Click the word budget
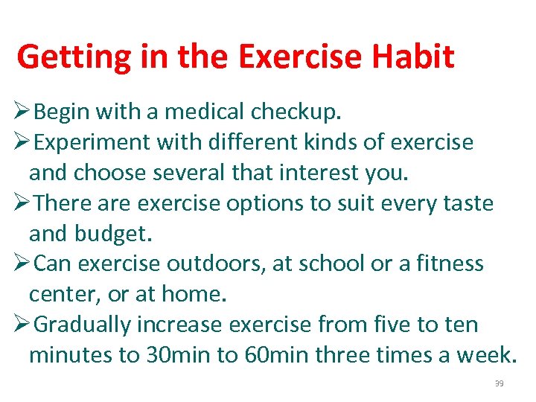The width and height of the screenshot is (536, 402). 113,234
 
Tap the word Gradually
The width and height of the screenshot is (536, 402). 82,325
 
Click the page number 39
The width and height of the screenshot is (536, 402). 499,383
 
